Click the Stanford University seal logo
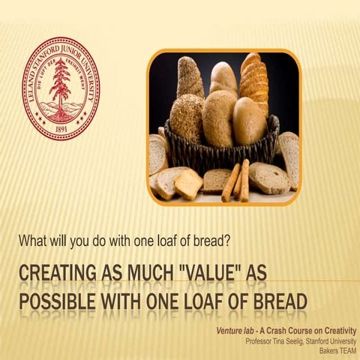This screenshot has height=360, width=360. click(61, 89)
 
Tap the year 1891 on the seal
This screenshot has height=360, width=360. click(61, 127)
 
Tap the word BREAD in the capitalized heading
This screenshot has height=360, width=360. click(273, 301)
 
